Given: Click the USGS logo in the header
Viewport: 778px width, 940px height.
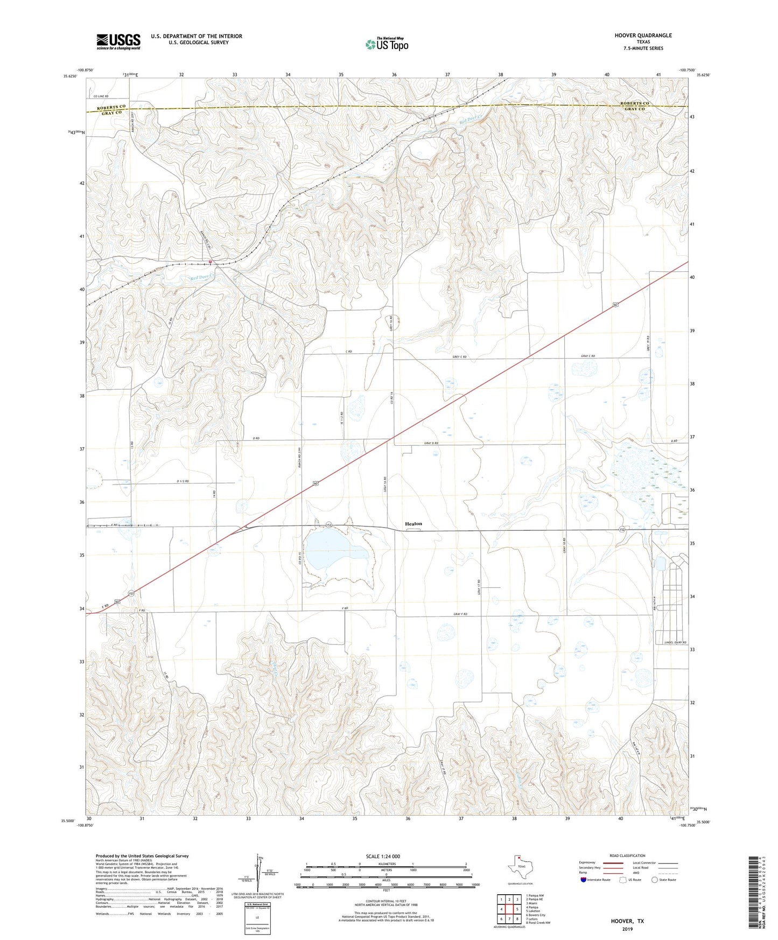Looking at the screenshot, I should point(118,41).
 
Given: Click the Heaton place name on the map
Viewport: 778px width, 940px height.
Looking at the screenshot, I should point(413,523).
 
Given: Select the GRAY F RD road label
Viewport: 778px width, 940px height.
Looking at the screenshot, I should point(460,614).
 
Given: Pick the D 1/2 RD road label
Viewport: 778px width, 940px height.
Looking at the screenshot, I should point(183,481).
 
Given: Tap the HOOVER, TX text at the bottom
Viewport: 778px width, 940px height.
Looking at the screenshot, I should point(627,921).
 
